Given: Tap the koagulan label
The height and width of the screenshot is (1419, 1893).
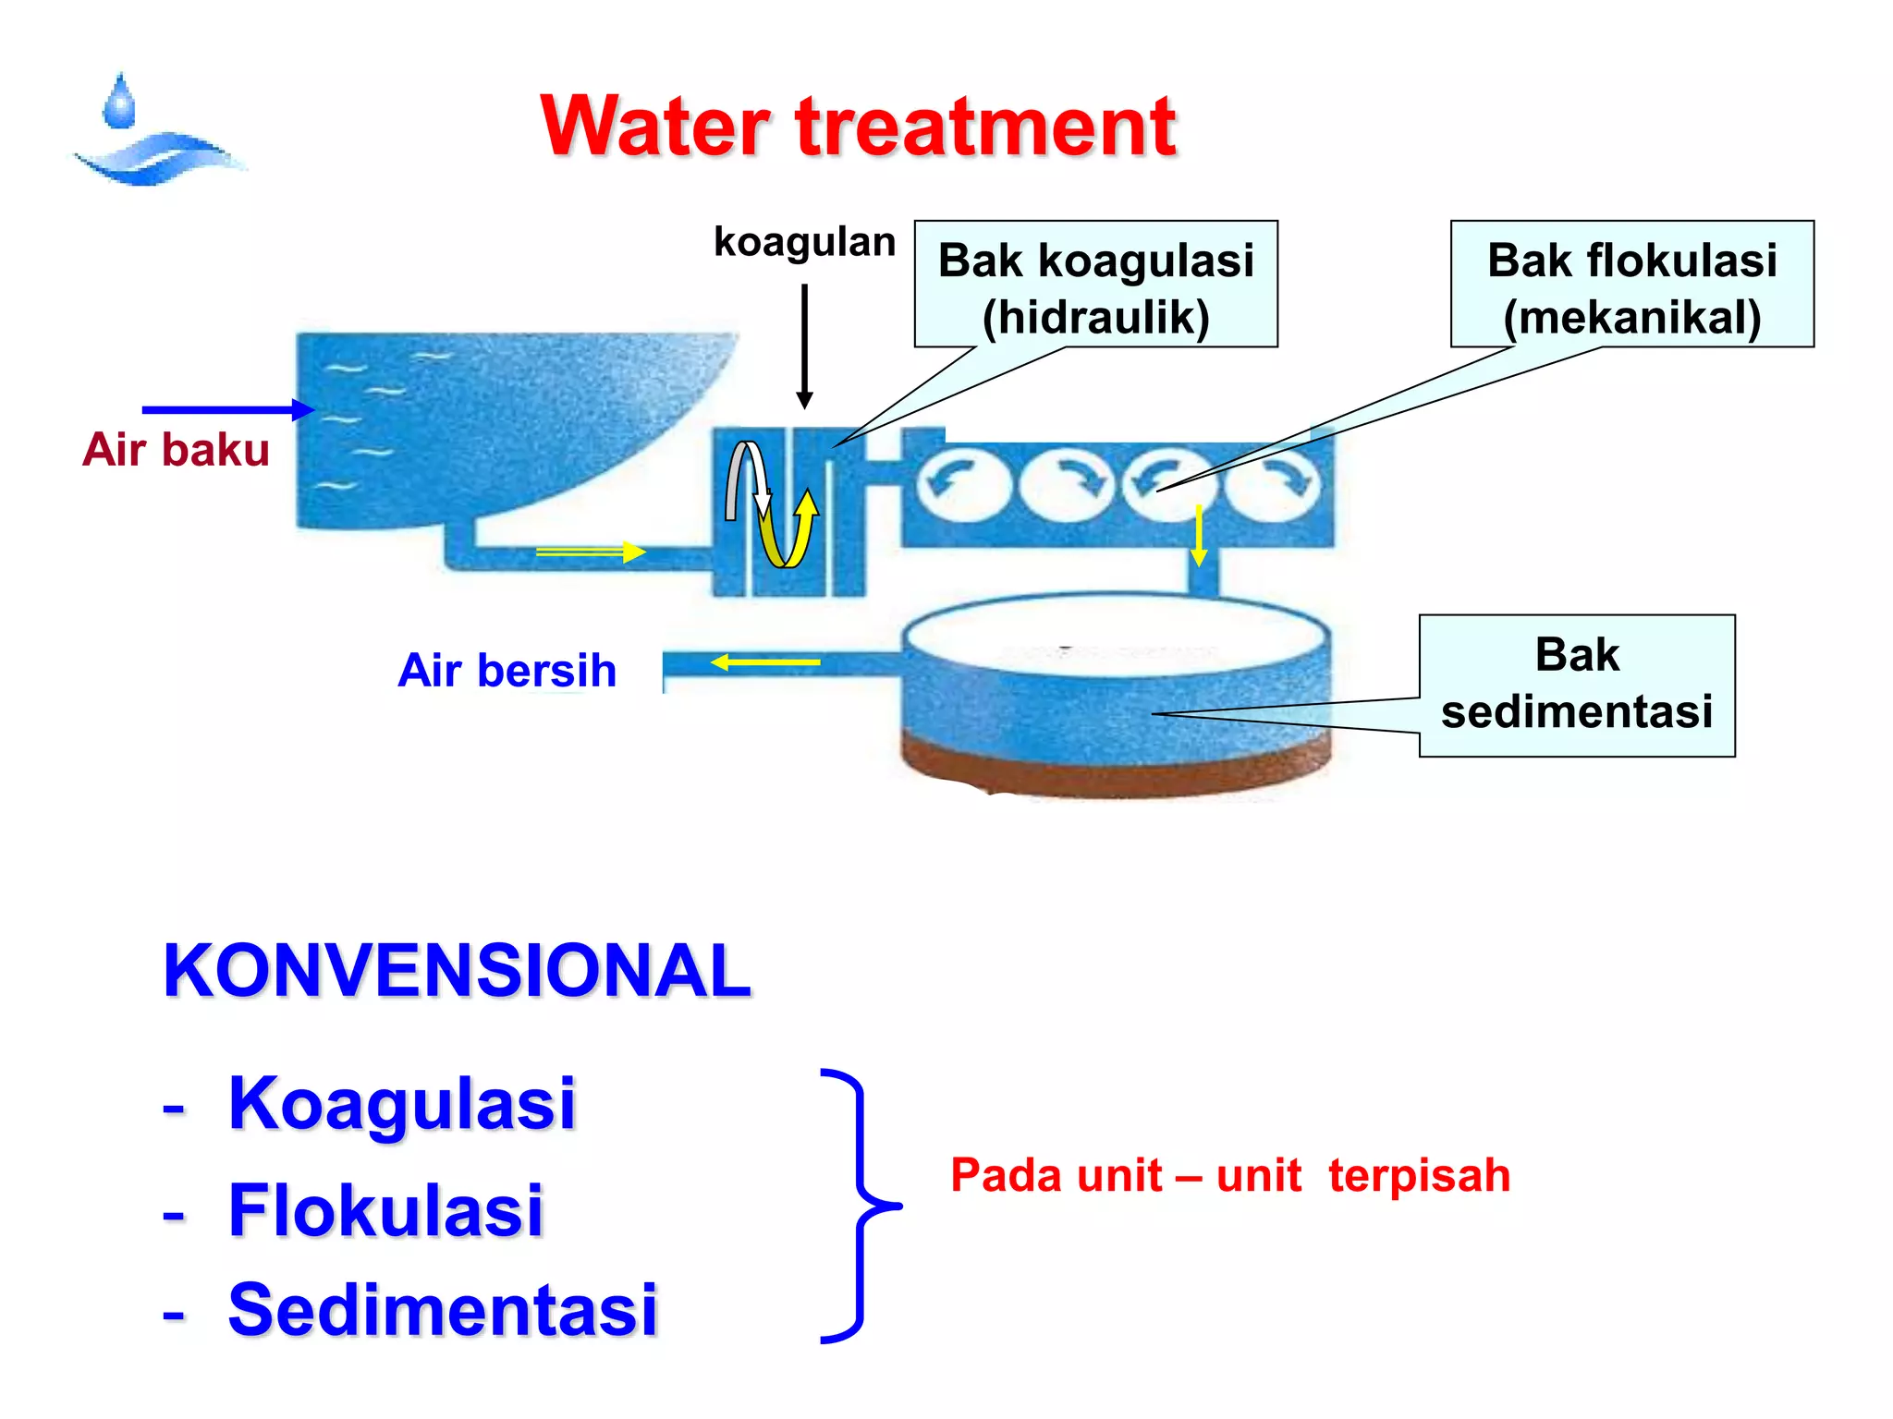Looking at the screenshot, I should pyautogui.click(x=804, y=242).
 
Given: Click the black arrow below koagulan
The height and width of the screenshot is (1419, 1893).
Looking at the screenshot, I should pyautogui.click(x=804, y=346).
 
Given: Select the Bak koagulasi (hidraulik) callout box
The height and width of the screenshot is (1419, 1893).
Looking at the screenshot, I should pyautogui.click(x=1095, y=285).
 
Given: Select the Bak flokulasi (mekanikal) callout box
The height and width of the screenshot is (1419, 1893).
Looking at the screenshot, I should pyautogui.click(x=1631, y=285).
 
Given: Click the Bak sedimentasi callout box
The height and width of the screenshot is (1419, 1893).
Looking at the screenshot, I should pyautogui.click(x=1577, y=685).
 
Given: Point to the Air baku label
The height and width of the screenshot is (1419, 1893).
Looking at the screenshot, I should pyautogui.click(x=176, y=450).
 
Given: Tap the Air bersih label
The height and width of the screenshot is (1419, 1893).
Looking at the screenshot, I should pyautogui.click(x=507, y=670).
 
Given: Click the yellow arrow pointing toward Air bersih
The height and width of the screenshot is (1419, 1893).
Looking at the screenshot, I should pyautogui.click(x=765, y=662).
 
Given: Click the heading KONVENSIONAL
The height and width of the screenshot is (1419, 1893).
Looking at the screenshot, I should pyautogui.click(x=458, y=971).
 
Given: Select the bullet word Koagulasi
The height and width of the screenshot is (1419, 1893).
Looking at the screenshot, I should pyautogui.click(x=401, y=1103).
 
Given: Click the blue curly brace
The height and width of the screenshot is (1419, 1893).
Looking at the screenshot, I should pyautogui.click(x=860, y=1206).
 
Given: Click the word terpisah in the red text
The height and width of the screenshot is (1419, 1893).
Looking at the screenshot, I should pyautogui.click(x=1419, y=1176).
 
